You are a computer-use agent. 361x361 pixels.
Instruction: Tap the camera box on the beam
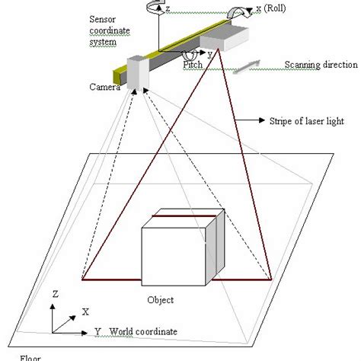137,72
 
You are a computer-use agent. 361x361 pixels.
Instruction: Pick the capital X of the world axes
85,311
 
